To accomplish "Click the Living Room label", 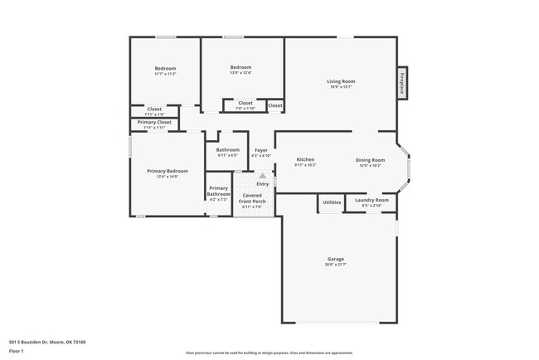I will pos(340,80).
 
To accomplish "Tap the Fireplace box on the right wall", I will pos(402,84).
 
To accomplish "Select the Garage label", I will pos(334,259).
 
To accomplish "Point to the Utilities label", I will pos(332,202).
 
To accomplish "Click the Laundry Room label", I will pos(371,200).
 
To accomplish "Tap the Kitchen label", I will pos(305,159).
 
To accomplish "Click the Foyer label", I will pos(260,150).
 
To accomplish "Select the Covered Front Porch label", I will pos(252,198).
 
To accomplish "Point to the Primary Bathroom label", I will pos(218,191).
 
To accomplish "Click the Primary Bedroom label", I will pos(167,171).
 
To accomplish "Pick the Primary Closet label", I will pos(153,122).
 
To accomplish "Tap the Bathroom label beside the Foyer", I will pos(228,150).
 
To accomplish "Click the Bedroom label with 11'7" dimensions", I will pos(165,68).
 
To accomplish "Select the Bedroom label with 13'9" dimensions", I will pos(240,67).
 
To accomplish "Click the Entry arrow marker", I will pos(263,175).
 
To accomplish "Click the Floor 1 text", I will pos(17,351).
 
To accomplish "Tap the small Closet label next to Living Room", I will pos(274,105).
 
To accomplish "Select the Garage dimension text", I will pos(334,265).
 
